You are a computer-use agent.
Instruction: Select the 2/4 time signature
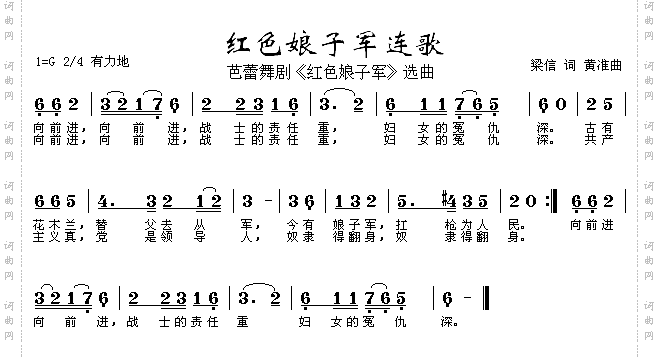click(73, 62)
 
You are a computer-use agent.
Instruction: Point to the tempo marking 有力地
click(108, 62)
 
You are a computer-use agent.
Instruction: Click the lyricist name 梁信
click(542, 65)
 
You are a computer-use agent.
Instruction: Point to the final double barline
click(485, 297)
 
